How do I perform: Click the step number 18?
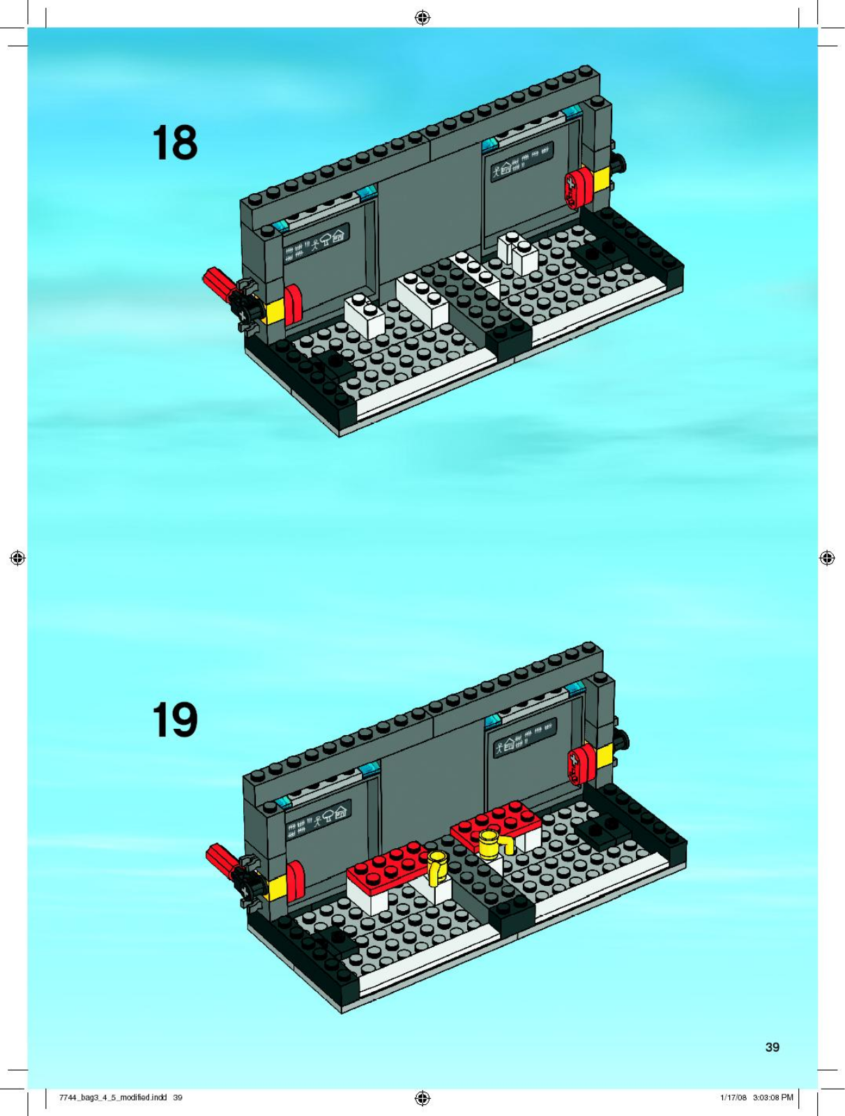coord(175,143)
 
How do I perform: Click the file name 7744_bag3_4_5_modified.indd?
coord(113,1096)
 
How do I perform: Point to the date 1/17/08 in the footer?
coord(733,1096)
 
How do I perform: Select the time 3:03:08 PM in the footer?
coord(773,1096)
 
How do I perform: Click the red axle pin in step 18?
coord(220,284)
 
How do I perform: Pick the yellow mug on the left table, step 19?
coord(436,867)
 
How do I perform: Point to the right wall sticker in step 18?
coord(522,160)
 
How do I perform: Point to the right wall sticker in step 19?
coord(526,737)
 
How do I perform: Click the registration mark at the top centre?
coord(422,18)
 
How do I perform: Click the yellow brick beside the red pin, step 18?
coord(275,310)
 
